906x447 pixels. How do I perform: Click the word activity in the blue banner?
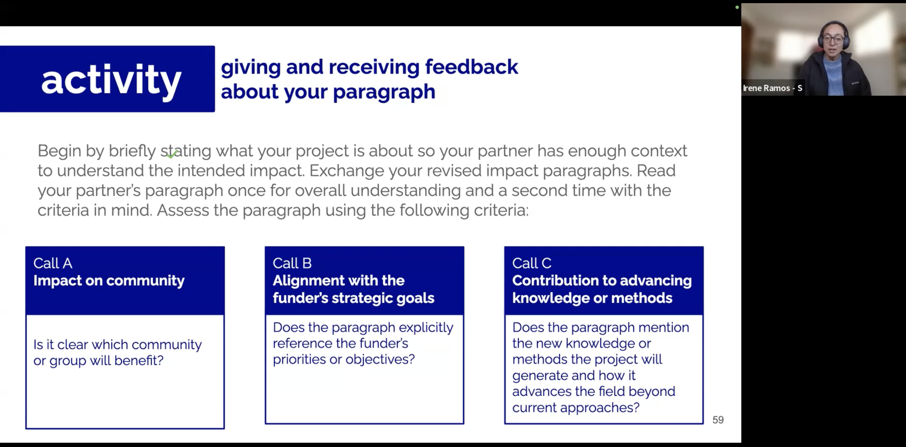click(111, 80)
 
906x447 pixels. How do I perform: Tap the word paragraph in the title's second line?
click(384, 92)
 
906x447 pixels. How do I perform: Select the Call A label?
click(53, 263)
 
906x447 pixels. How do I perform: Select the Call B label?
click(292, 263)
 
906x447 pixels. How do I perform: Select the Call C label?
click(531, 263)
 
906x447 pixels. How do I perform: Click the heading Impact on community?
click(109, 280)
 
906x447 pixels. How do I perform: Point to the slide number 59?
click(718, 420)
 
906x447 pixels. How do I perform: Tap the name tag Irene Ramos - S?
click(772, 88)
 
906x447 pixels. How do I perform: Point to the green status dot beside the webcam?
click(737, 7)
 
